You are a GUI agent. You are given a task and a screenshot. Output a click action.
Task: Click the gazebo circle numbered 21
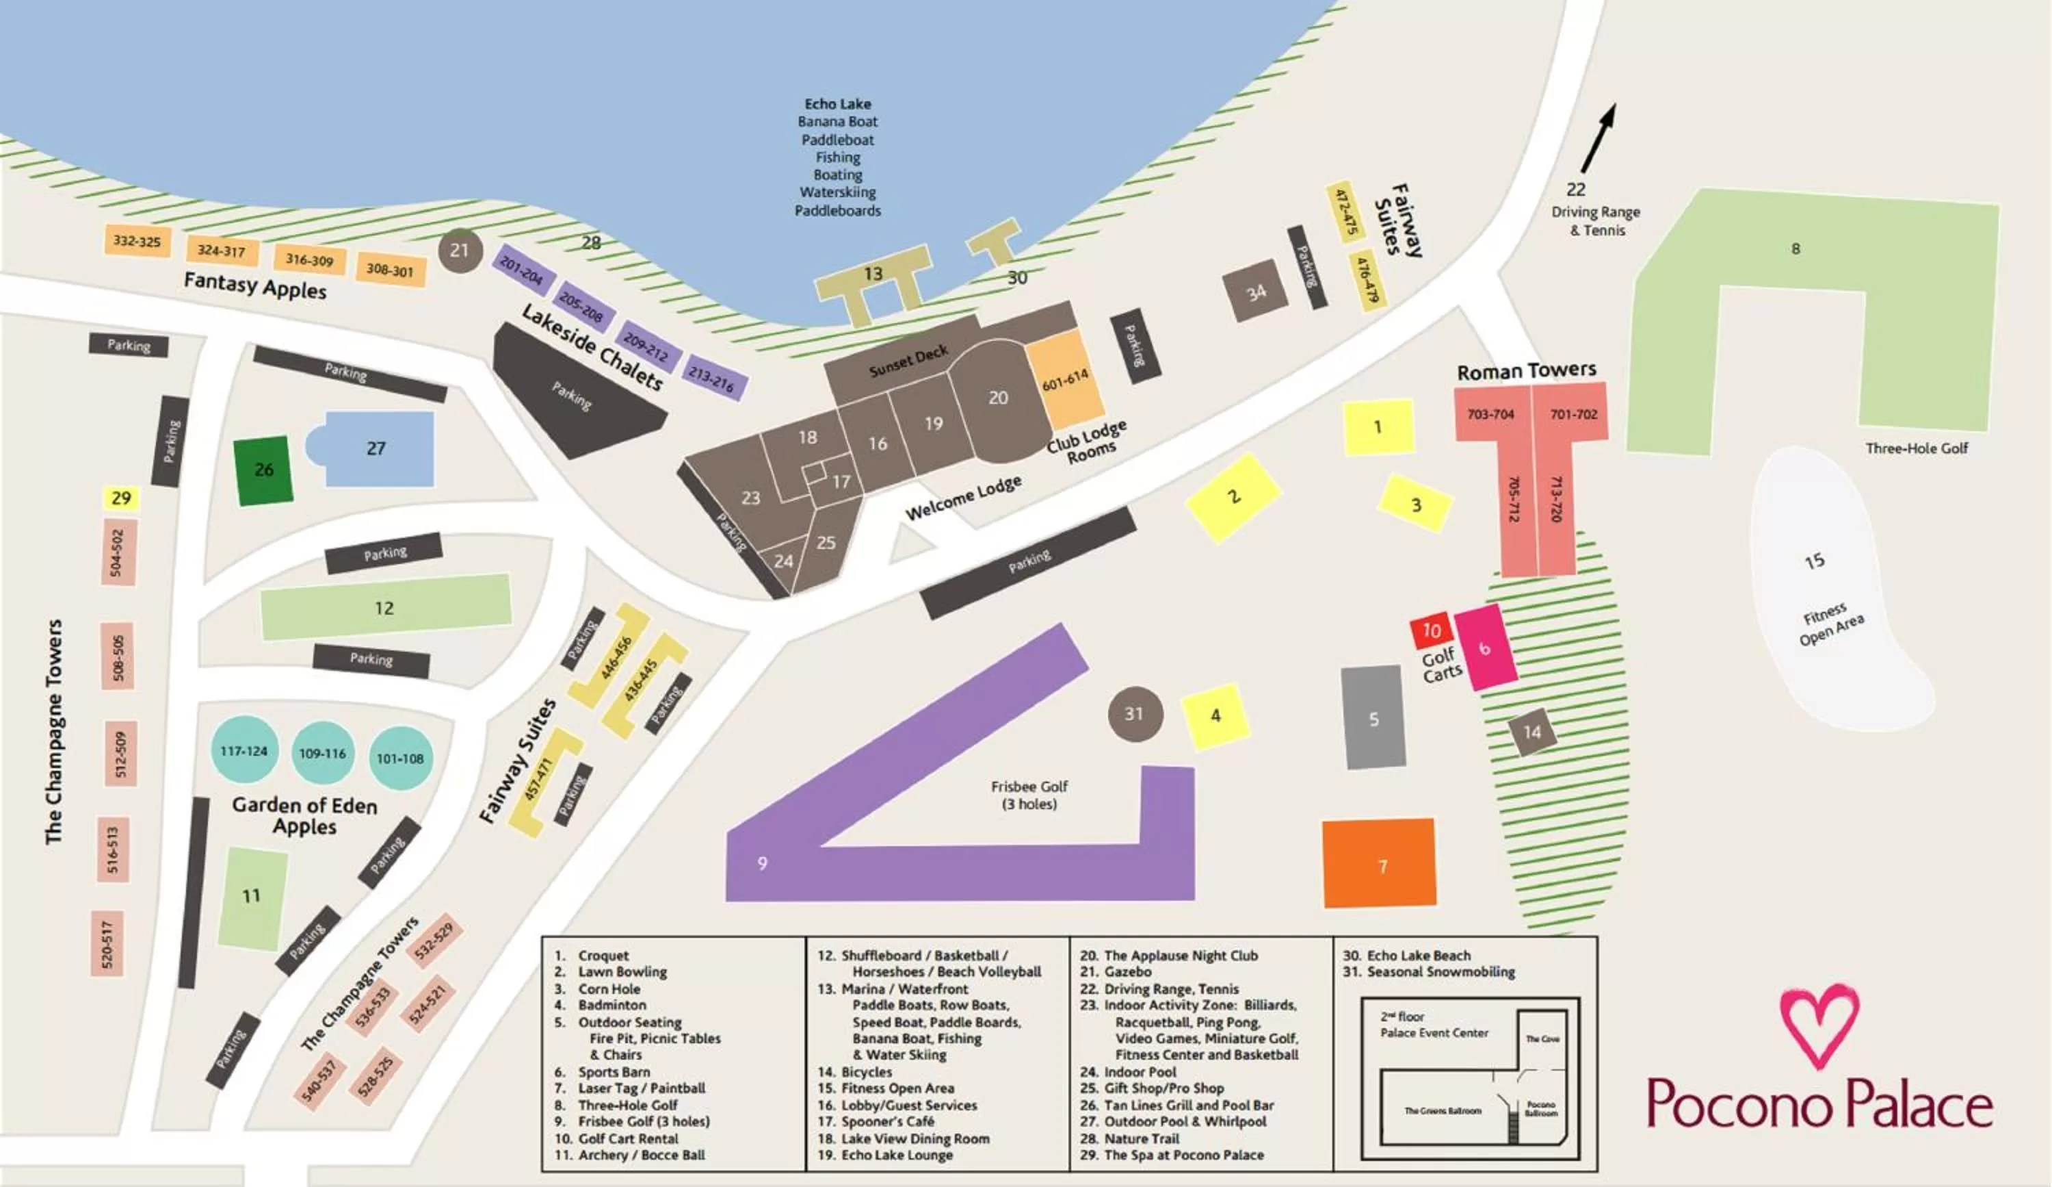tap(460, 250)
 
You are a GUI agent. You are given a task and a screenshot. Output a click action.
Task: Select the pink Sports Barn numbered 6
tap(1485, 648)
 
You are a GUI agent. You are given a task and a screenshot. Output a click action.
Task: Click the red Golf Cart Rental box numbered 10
tap(1432, 630)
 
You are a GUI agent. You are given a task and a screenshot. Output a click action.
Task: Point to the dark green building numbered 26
tap(263, 470)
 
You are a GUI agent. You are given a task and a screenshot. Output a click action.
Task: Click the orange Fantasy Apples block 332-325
tap(137, 241)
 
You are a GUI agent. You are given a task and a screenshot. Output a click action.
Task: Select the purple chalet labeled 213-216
tap(713, 378)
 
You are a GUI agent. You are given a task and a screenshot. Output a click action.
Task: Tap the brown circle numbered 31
tap(1134, 714)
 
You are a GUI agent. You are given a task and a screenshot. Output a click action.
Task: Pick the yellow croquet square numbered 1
tap(1378, 427)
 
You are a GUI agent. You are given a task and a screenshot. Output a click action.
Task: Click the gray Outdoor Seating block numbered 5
tap(1373, 717)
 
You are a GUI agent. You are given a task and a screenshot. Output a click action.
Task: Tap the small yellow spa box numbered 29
tap(121, 498)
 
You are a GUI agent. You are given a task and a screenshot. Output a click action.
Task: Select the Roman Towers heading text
tap(1526, 372)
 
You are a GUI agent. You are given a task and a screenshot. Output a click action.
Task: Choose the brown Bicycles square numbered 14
tap(1531, 732)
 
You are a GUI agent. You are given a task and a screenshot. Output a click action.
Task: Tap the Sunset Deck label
tap(908, 361)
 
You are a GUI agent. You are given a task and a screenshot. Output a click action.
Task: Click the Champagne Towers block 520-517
tap(107, 943)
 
